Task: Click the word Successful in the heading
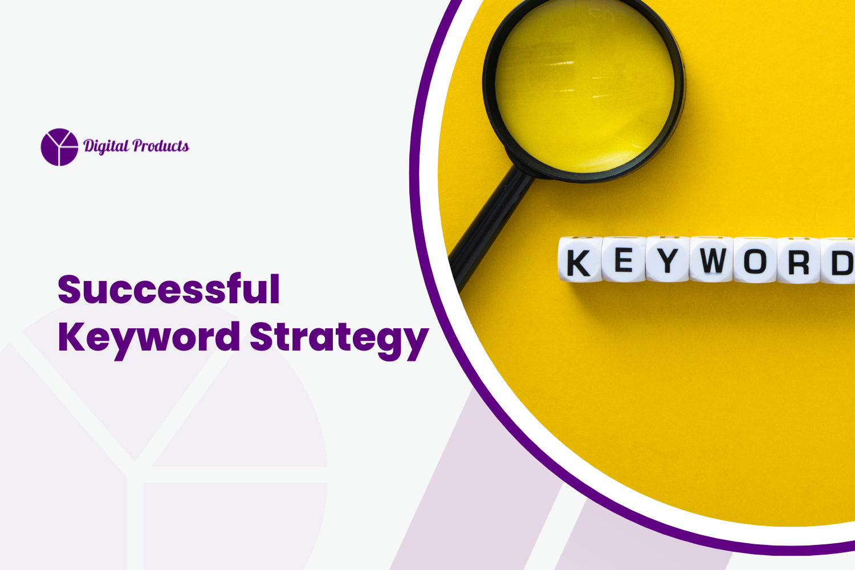click(169, 290)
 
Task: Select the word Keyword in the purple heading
click(149, 337)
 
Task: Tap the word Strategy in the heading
click(339, 337)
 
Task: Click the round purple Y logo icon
click(59, 147)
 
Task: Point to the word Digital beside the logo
click(106, 146)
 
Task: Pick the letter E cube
click(623, 260)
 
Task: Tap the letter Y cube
click(667, 260)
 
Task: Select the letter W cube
click(711, 260)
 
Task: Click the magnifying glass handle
click(490, 222)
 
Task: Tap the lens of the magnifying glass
click(584, 85)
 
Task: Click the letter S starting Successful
click(71, 290)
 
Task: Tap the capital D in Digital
click(89, 146)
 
